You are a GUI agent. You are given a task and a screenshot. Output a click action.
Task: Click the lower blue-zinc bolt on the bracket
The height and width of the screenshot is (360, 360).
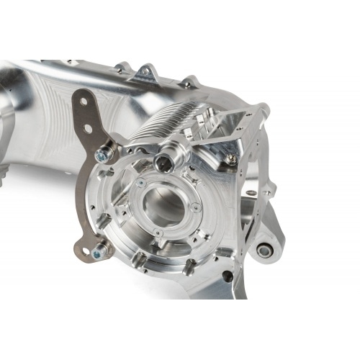99,251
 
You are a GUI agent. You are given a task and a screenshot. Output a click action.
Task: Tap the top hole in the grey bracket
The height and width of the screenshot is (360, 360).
84,102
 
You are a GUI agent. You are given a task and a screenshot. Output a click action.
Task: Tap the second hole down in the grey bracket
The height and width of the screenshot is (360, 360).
87,129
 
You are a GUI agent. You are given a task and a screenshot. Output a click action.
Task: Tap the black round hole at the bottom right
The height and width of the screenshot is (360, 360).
225,276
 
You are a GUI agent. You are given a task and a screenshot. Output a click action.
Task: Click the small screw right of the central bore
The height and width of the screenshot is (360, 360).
197,209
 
